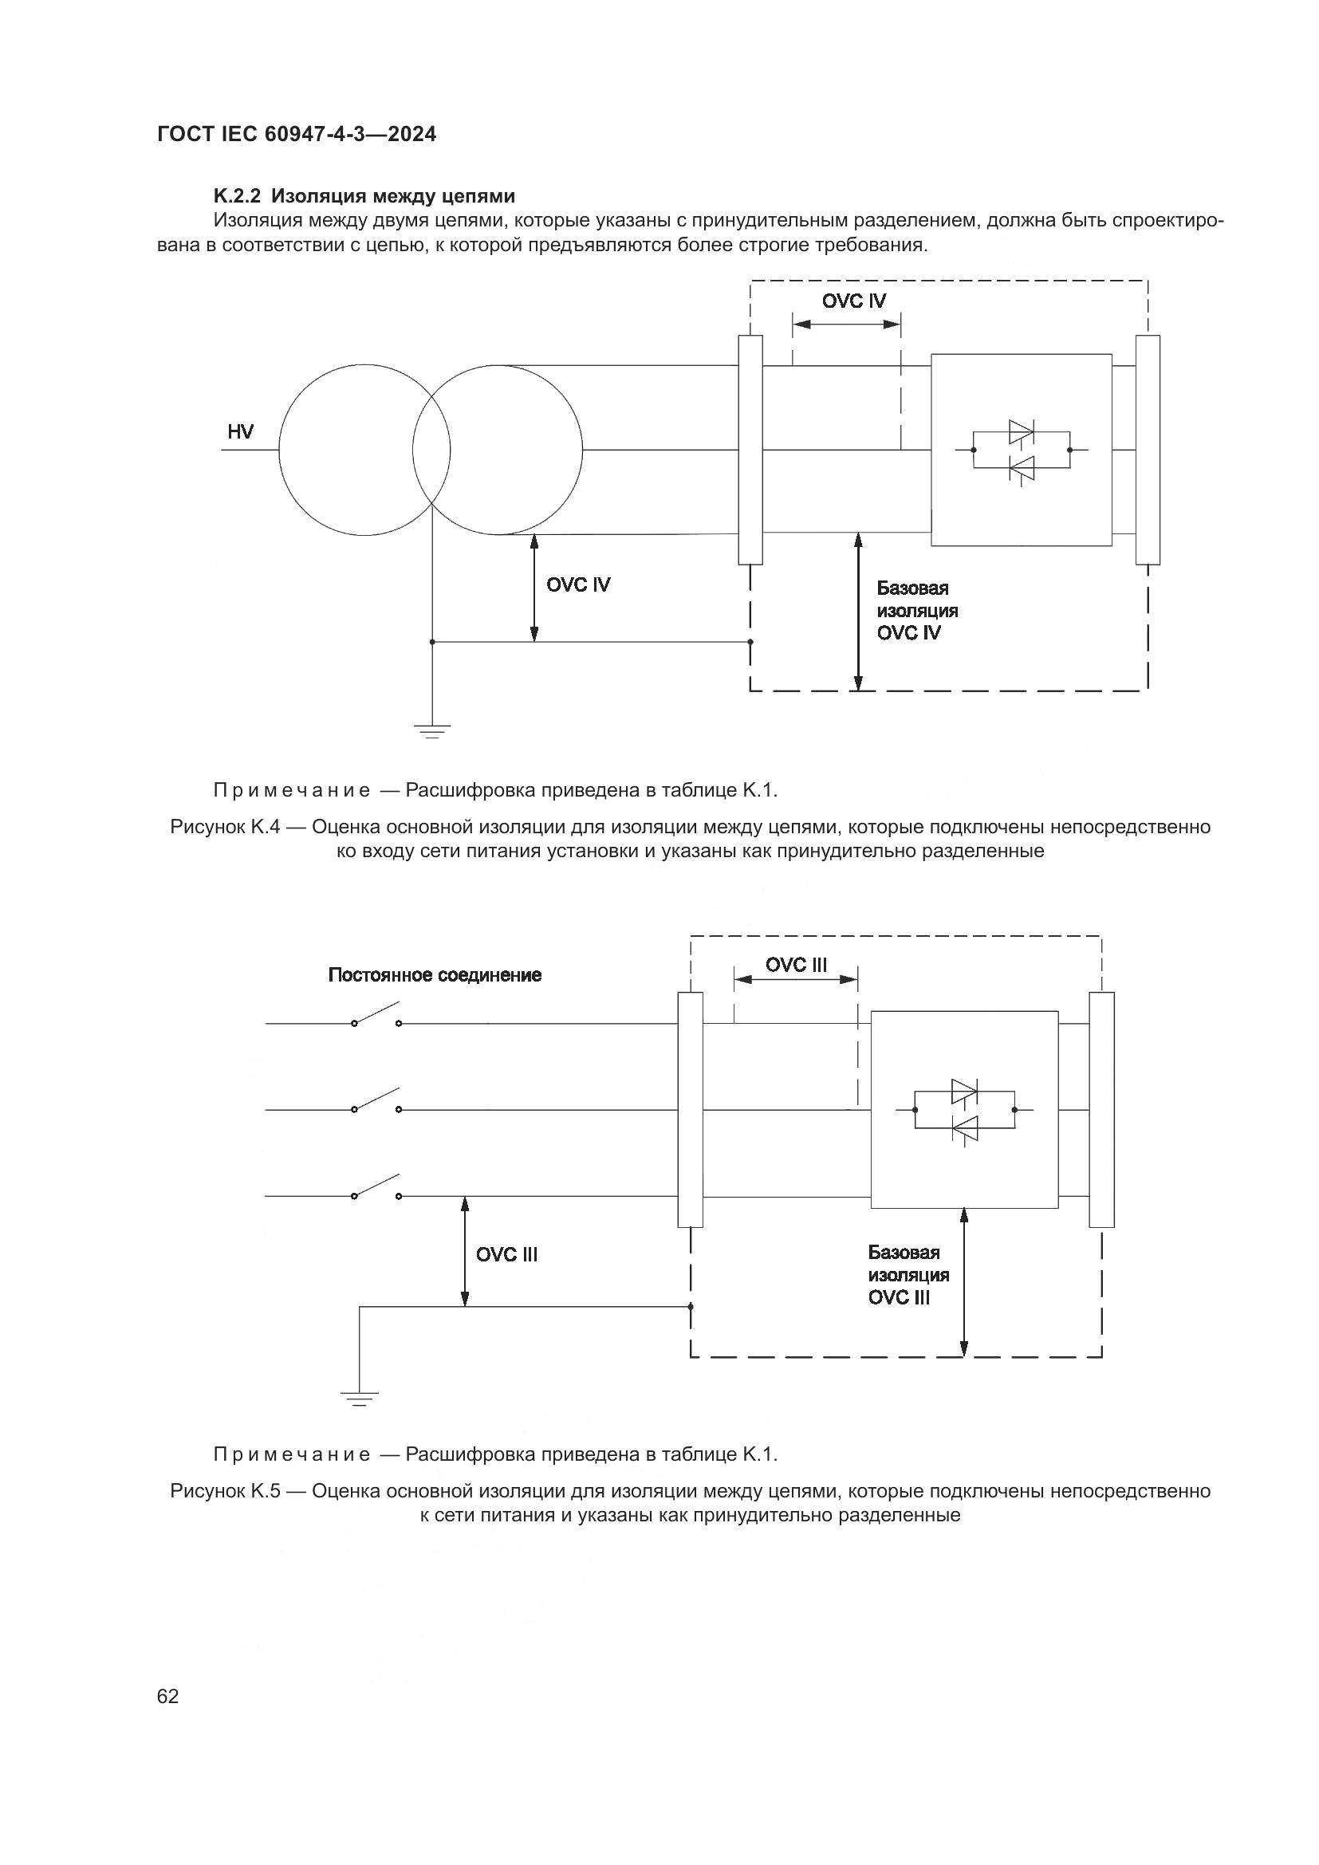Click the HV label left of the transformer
tap(240, 432)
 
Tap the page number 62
tap(168, 1696)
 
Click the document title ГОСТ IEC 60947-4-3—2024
tap(297, 134)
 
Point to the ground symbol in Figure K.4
tap(432, 730)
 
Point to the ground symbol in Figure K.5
tap(359, 1397)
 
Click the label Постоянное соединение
tap(435, 974)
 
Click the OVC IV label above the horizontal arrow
tap(853, 301)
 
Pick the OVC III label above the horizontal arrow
tap(796, 965)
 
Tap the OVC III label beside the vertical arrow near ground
tap(507, 1254)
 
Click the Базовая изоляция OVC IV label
tap(917, 611)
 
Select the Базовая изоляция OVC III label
tap(908, 1275)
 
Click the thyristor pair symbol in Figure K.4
tap(1021, 450)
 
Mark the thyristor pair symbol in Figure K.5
tap(964, 1110)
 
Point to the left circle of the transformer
tap(364, 450)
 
